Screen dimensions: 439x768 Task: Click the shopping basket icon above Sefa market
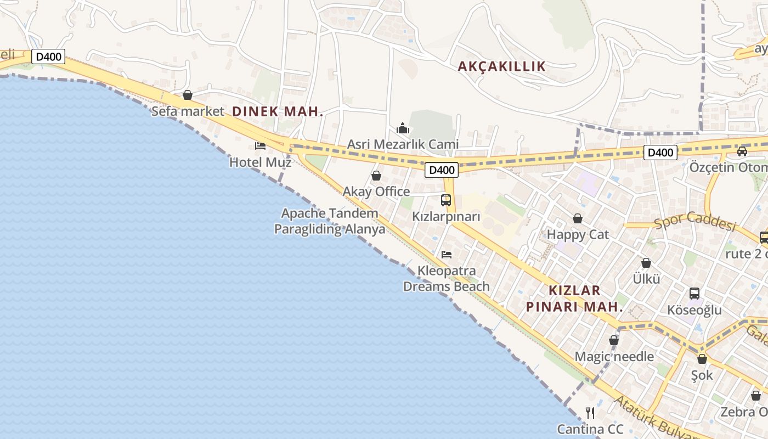pos(188,95)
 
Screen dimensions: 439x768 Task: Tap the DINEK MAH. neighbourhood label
pos(278,111)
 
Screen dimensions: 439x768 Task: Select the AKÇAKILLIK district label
pos(502,66)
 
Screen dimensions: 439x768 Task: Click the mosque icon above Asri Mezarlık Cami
pos(403,128)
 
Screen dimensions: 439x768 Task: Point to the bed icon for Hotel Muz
pos(260,146)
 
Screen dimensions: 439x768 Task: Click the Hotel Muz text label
pos(260,162)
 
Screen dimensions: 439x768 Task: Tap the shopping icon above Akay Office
pos(376,176)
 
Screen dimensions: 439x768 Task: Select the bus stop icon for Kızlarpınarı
pos(446,200)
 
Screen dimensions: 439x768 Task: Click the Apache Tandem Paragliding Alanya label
pos(330,221)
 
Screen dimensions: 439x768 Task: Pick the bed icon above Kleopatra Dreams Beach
pos(447,255)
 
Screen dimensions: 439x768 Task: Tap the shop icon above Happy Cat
pos(578,218)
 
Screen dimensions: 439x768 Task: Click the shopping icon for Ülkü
pos(646,263)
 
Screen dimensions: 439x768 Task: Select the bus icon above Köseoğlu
pos(694,294)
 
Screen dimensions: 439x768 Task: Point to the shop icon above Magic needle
pos(614,341)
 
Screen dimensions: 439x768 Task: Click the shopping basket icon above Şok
pos(702,359)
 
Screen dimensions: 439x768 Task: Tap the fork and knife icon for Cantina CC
pos(590,413)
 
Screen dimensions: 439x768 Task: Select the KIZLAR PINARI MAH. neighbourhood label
pos(574,299)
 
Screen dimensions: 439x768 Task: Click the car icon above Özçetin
pos(742,151)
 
